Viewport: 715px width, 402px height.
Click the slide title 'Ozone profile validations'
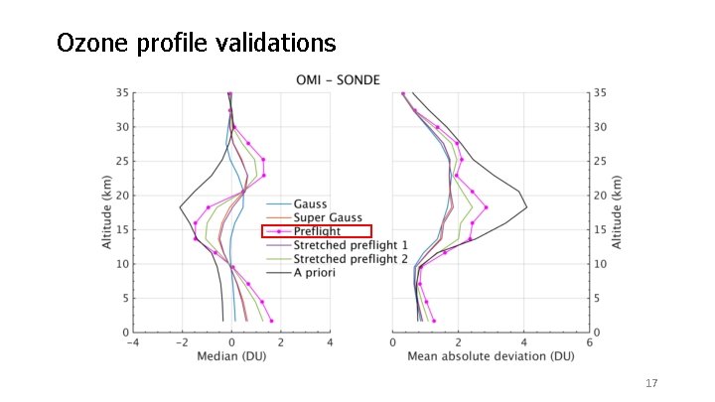click(196, 44)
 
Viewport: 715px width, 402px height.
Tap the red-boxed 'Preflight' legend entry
click(316, 231)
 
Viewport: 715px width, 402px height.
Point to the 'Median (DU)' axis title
click(230, 356)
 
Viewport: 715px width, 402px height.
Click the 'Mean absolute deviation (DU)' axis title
click(490, 356)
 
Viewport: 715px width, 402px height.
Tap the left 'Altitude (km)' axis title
click(106, 212)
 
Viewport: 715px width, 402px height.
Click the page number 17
click(651, 383)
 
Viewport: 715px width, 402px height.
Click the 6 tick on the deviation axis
click(589, 342)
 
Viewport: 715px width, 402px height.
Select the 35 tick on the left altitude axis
click(121, 92)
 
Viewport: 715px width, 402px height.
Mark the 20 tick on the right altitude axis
click(601, 196)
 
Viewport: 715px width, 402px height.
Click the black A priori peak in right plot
click(525, 207)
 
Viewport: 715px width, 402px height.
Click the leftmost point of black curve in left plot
click(179, 207)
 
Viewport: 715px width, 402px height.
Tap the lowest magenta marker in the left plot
click(271, 321)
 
